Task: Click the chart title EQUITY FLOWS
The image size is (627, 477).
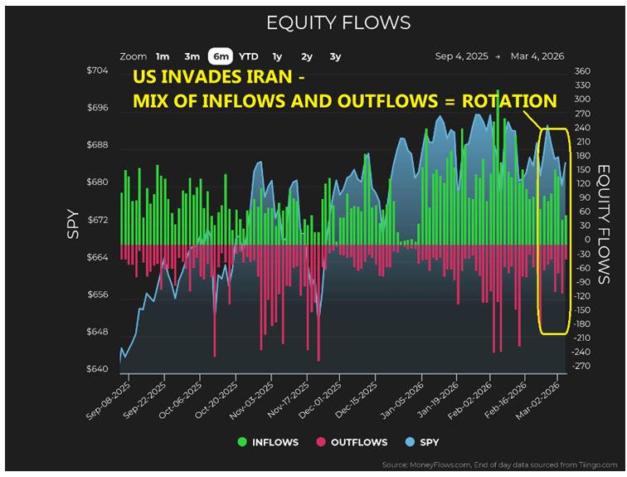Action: click(338, 22)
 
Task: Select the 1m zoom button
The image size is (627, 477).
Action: click(163, 56)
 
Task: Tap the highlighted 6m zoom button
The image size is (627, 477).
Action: click(221, 56)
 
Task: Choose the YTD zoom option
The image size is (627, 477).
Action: click(248, 56)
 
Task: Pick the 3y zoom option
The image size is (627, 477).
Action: click(335, 56)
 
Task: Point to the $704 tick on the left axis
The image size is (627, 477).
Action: click(97, 71)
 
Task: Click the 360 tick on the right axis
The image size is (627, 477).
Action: click(581, 71)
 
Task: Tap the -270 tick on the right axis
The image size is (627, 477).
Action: click(581, 366)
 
